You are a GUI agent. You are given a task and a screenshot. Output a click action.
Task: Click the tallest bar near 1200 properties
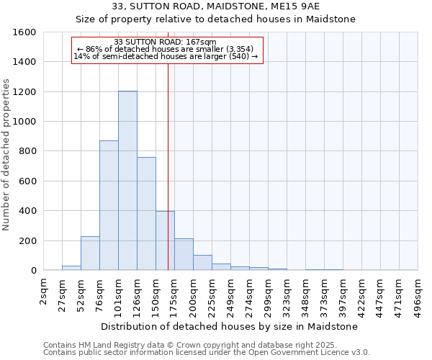tap(127, 180)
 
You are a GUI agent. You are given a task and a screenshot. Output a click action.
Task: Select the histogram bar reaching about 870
tap(109, 205)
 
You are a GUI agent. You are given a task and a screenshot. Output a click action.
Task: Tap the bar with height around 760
tap(146, 213)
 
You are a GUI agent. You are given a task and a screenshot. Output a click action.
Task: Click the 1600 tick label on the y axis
tap(24, 32)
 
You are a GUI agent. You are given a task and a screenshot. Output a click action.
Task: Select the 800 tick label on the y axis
tap(27, 151)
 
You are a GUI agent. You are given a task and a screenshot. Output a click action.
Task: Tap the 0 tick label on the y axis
tap(33, 271)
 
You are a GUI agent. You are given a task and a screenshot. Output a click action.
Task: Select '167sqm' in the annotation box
tap(199, 42)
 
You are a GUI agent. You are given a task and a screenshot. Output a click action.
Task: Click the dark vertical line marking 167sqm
tap(168, 180)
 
